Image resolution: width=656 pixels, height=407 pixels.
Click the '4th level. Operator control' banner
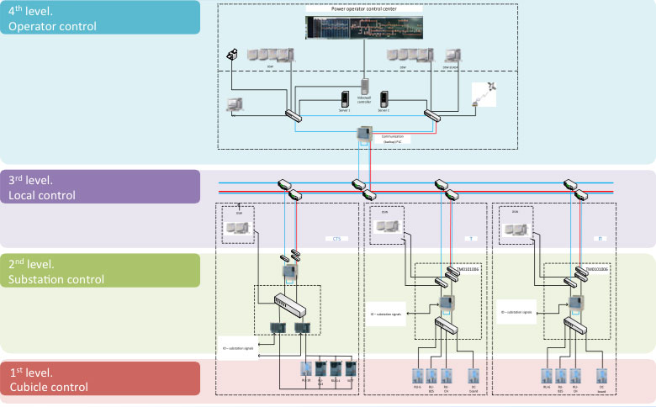point(100,18)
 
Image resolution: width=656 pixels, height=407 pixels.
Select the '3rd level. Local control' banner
point(100,188)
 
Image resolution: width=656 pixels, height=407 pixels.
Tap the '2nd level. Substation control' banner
point(100,270)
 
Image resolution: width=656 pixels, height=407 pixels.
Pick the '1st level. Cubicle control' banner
point(100,378)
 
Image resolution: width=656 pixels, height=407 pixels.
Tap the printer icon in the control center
point(233,55)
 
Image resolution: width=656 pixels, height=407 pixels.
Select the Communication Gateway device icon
point(364,133)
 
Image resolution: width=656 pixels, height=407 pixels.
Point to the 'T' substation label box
point(473,239)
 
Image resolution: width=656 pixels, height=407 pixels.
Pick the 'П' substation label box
point(598,239)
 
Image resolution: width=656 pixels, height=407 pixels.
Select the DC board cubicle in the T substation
point(473,375)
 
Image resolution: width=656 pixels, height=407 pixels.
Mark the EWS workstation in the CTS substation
point(235,228)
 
